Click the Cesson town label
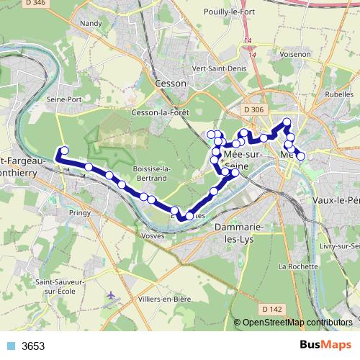[171, 84]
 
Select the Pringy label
[80, 213]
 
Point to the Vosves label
[156, 235]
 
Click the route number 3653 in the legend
[33, 346]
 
